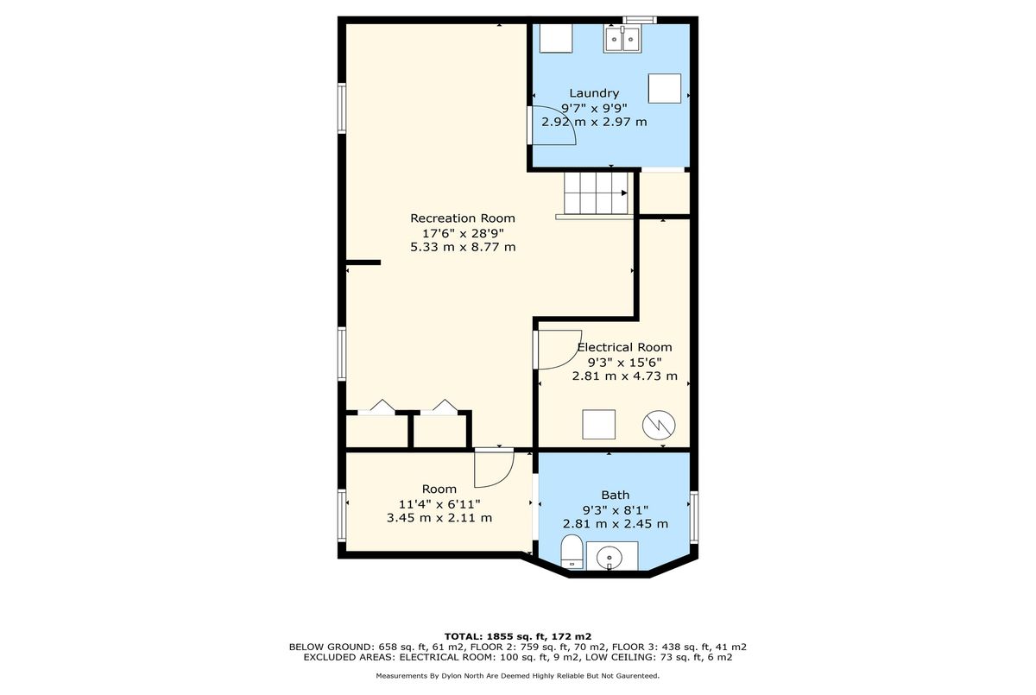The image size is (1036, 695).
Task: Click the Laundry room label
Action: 594,93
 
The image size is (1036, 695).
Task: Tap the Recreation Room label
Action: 463,218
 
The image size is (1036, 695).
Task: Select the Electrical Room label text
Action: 624,347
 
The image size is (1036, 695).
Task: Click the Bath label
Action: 615,496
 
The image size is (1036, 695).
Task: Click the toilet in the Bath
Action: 572,551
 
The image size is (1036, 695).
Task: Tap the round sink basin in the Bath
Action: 610,557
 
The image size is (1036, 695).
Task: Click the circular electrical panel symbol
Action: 659,425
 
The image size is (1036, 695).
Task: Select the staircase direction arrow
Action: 624,193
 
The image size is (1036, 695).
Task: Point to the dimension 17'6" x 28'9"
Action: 463,232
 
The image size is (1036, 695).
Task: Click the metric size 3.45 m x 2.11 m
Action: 439,518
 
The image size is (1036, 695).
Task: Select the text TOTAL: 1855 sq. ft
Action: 491,636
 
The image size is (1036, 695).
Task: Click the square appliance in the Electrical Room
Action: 598,425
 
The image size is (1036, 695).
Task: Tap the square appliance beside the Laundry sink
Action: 664,88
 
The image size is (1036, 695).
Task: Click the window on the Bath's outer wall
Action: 694,516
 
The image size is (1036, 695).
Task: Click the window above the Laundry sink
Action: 639,20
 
